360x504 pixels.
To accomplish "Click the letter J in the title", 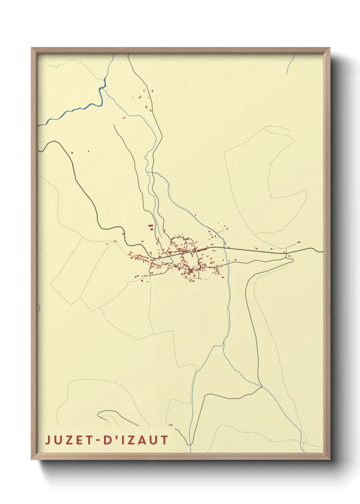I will [x=48, y=440].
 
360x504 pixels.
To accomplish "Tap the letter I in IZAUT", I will [x=117, y=440].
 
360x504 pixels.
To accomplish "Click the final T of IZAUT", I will [x=165, y=440].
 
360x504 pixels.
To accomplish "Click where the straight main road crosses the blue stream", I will [x=225, y=248].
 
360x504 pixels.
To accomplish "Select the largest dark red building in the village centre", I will [x=191, y=271].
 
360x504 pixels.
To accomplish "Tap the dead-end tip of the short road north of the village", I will [x=114, y=125].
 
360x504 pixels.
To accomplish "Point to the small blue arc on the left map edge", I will [x=39, y=308].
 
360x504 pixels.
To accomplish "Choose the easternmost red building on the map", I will [x=299, y=242].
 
